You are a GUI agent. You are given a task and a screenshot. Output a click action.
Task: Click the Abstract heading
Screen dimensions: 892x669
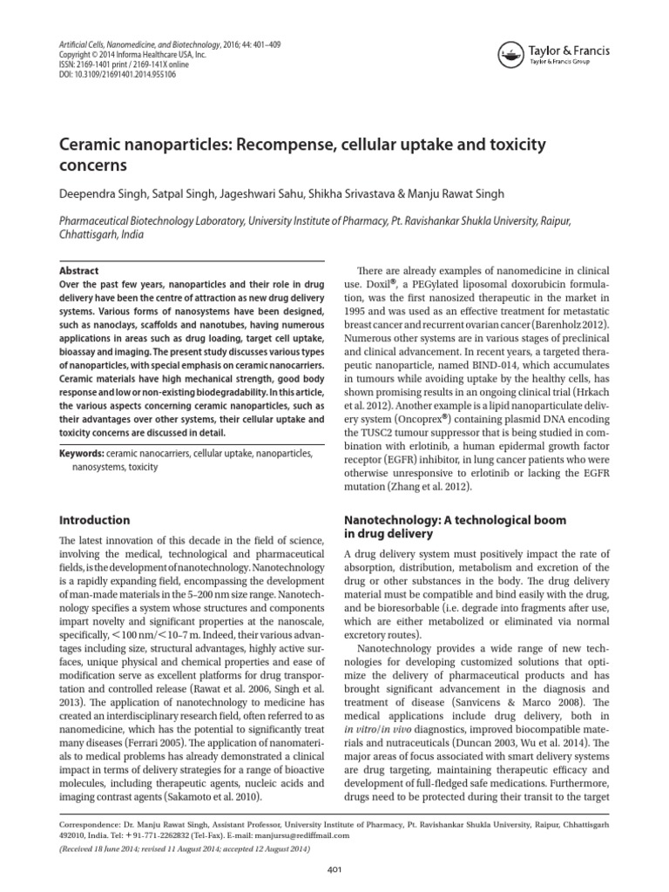click(x=78, y=271)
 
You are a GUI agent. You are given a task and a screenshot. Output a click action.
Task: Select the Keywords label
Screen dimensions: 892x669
click(x=80, y=454)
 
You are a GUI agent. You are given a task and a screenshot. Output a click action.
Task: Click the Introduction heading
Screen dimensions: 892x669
click(x=94, y=520)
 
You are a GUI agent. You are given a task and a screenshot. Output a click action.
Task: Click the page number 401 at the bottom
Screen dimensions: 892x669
click(x=334, y=872)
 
